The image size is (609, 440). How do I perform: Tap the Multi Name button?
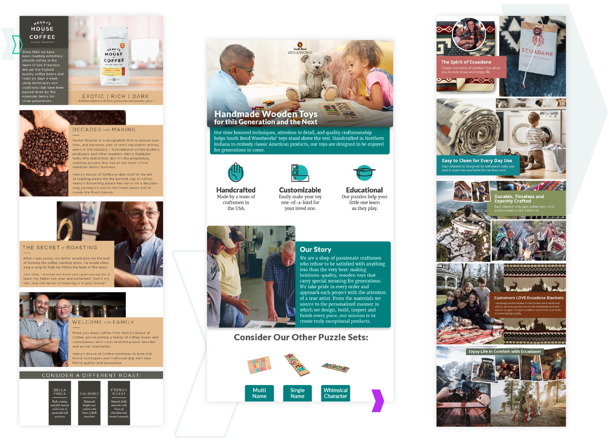(x=259, y=393)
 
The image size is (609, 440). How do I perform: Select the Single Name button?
(x=298, y=393)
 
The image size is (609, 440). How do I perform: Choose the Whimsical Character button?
(x=335, y=393)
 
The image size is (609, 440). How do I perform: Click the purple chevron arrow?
(x=378, y=400)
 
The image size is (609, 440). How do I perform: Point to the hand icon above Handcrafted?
(x=236, y=172)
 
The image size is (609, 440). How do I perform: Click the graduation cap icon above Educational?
(x=364, y=172)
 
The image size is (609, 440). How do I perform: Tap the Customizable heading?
(x=300, y=190)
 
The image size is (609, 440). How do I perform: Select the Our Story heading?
(x=315, y=249)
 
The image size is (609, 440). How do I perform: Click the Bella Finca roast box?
(x=60, y=403)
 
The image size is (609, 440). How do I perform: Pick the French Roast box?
(x=119, y=403)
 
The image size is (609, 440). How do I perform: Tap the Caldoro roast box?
(x=89, y=403)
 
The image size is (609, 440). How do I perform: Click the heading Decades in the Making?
(x=104, y=130)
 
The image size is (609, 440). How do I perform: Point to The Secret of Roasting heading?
(x=60, y=248)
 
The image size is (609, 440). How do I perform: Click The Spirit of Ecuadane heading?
(x=466, y=62)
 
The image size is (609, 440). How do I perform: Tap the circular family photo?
(x=469, y=34)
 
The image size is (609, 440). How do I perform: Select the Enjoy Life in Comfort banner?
(x=505, y=351)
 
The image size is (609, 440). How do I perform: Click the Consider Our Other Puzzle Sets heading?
(x=301, y=337)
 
